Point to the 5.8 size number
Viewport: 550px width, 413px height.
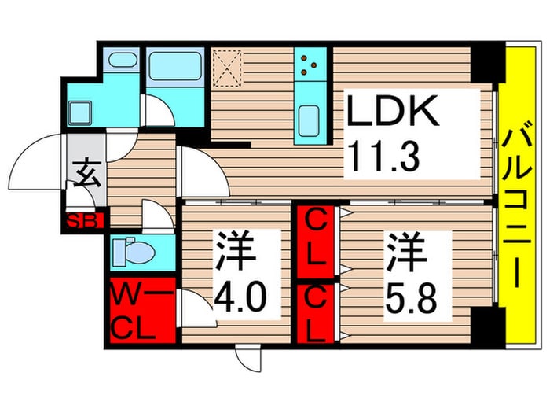pos(406,298)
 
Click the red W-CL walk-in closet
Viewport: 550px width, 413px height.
pos(141,311)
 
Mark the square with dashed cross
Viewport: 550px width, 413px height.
pos(229,67)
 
